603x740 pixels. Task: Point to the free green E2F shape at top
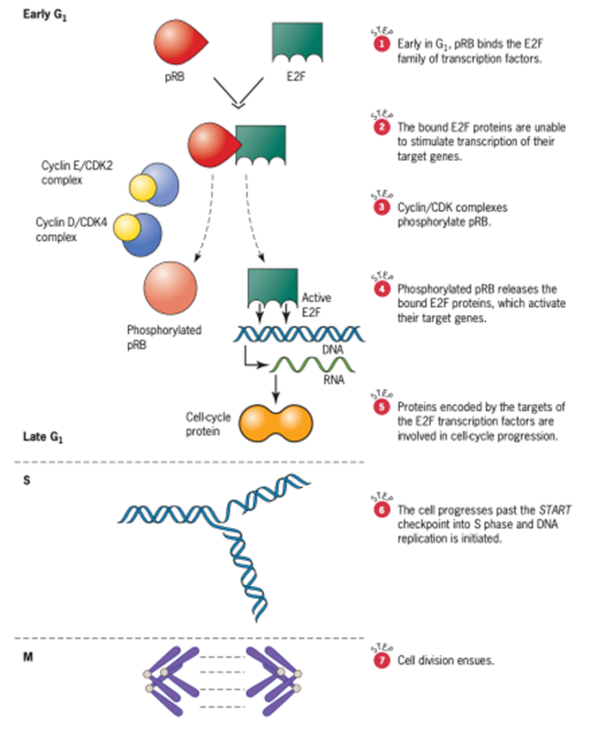pos(296,42)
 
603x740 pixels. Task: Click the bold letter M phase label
pos(28,659)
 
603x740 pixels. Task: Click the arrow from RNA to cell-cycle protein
pos(275,389)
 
